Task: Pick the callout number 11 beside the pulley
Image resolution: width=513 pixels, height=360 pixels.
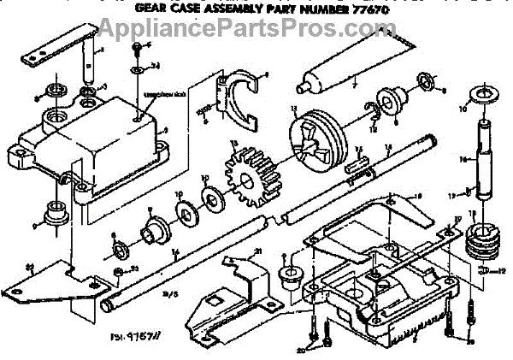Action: coord(292,109)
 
